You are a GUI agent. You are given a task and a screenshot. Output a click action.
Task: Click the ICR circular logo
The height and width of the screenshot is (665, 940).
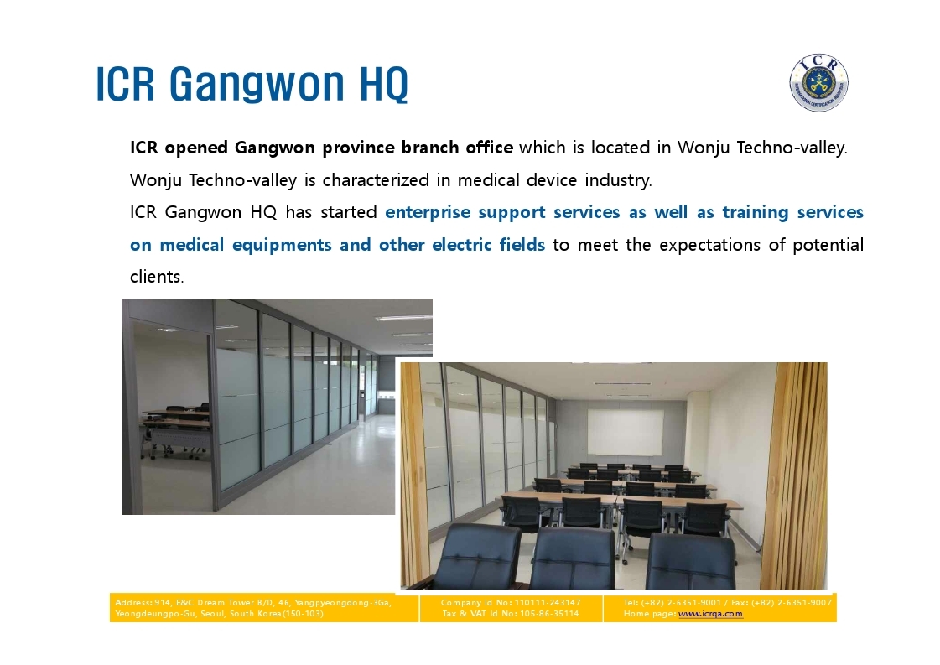click(818, 83)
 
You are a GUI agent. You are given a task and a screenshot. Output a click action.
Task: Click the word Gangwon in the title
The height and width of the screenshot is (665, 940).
click(257, 84)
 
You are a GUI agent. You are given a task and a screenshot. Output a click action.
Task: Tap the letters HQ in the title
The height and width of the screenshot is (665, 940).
click(384, 83)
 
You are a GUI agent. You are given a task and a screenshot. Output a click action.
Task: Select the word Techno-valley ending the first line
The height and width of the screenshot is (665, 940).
click(792, 148)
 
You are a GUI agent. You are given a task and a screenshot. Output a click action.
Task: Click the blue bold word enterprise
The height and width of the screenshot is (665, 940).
click(428, 212)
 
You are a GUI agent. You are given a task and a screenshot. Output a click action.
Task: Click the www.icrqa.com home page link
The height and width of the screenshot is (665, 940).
click(710, 614)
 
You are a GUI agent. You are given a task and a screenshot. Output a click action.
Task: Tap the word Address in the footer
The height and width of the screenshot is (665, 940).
click(134, 603)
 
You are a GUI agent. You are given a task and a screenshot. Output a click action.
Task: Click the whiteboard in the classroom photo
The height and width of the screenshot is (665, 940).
click(626, 433)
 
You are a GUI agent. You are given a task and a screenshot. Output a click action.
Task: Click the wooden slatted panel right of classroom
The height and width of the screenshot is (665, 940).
click(799, 475)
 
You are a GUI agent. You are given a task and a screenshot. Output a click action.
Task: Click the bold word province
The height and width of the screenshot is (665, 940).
click(359, 148)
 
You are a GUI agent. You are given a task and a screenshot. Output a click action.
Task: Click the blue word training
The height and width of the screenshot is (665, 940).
click(756, 213)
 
